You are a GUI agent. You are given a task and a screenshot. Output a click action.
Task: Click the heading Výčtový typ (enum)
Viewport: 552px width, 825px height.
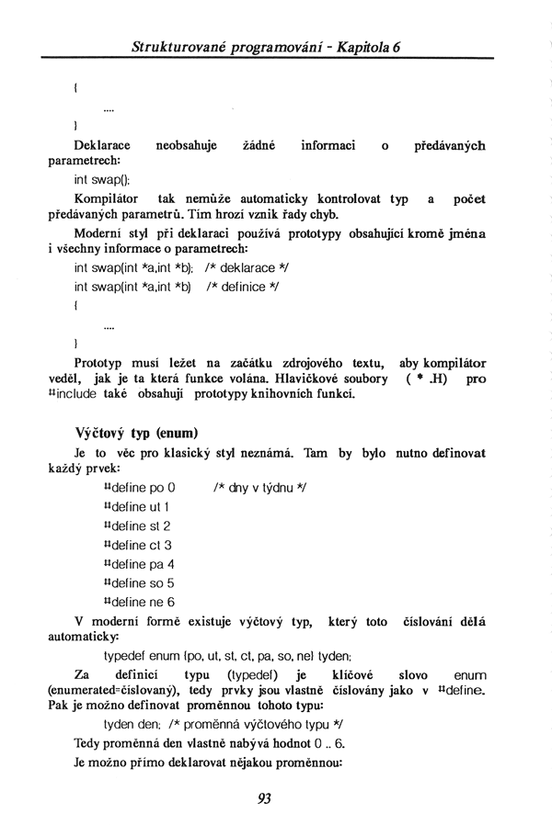point(137,432)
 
